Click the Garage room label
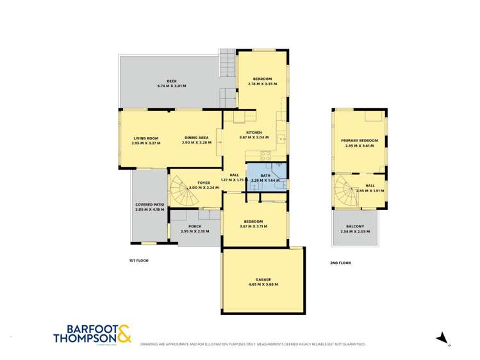[x=263, y=279]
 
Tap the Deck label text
[x=171, y=81]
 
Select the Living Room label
[x=145, y=138]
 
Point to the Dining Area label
[x=196, y=138]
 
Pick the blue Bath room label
[x=265, y=175]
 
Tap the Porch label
[x=195, y=226]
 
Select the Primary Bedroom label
[x=360, y=140]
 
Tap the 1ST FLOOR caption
[x=138, y=261]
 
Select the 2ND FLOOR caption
[x=341, y=263]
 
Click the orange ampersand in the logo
[x=124, y=333]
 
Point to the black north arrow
[x=441, y=338]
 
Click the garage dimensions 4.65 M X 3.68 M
[x=263, y=284]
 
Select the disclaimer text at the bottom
[x=253, y=344]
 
